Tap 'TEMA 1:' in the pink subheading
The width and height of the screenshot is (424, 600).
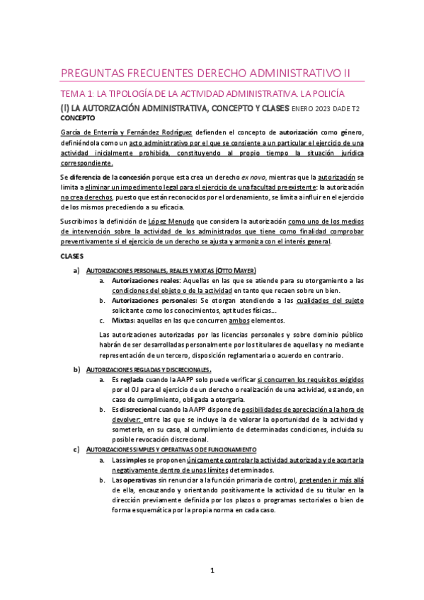coord(76,93)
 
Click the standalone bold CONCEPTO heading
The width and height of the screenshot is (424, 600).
coord(76,118)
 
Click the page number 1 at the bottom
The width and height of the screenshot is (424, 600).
coord(212,570)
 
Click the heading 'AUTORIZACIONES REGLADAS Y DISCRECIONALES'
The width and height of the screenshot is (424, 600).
coord(147,369)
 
